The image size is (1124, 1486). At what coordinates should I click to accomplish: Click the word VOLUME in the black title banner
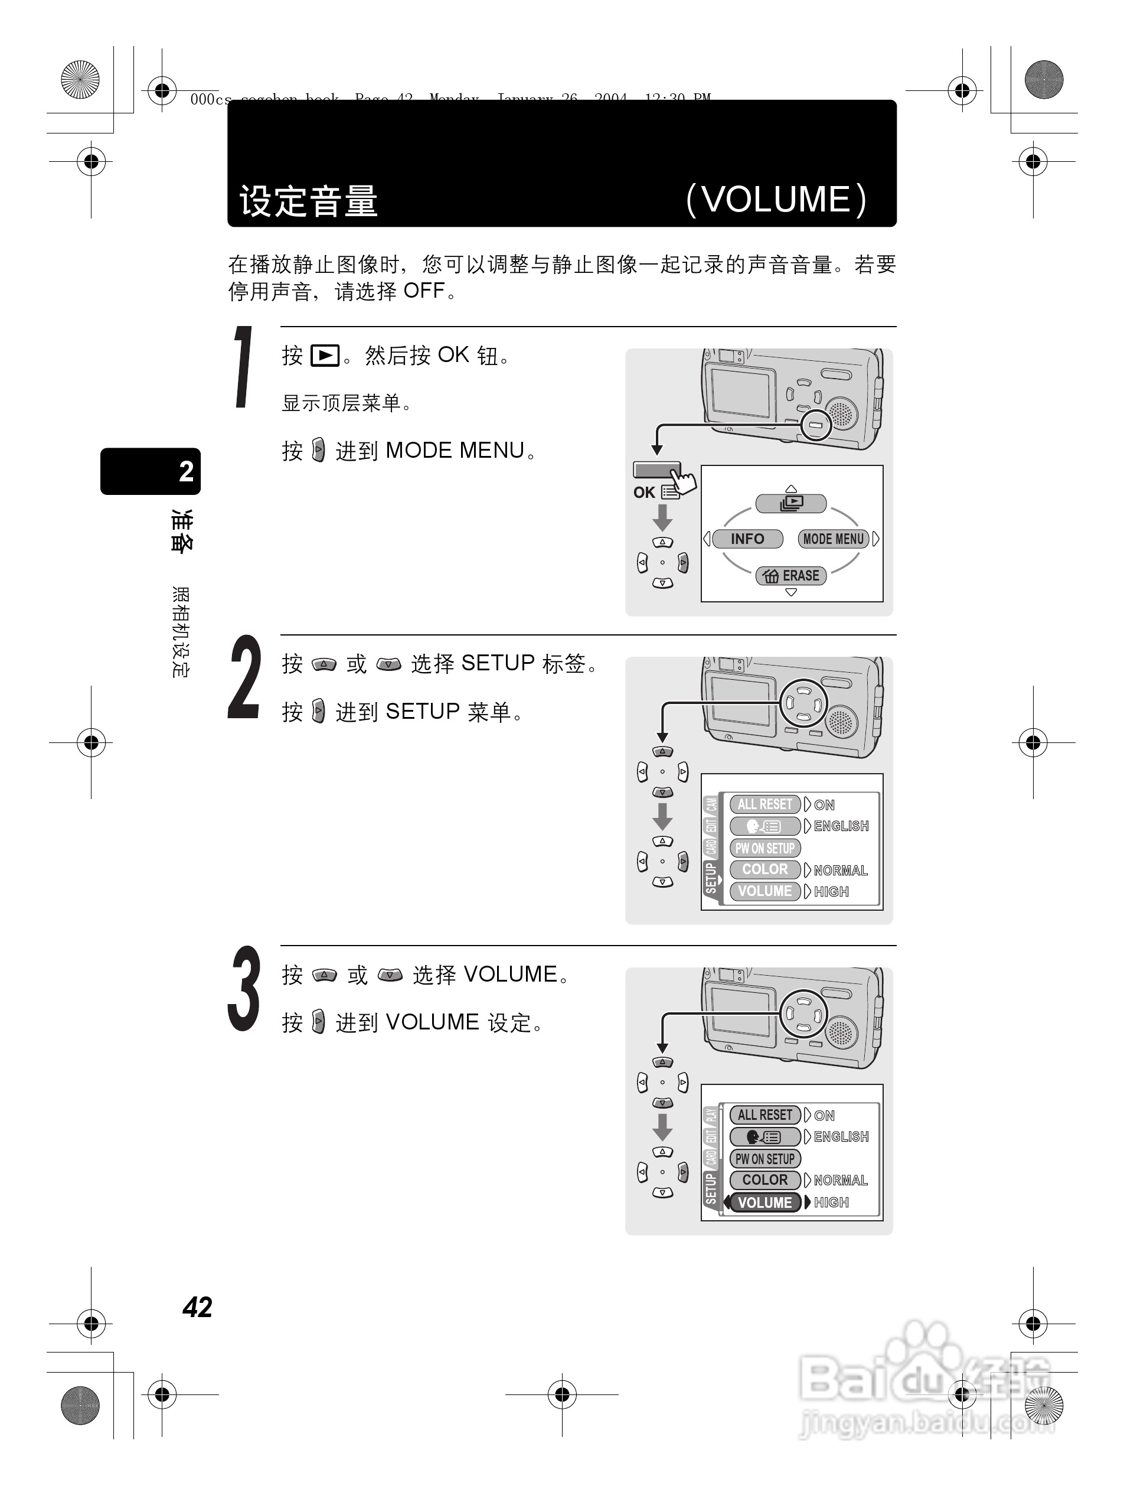coord(777,200)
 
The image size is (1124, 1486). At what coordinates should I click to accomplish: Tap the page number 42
coord(197,1307)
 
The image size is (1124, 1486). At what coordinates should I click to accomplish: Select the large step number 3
coord(244,989)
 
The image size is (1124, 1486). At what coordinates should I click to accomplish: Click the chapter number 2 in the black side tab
coord(186,471)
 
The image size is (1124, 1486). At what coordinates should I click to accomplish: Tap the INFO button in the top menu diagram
coord(747,539)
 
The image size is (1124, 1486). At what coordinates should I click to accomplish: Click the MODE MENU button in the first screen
coord(834,539)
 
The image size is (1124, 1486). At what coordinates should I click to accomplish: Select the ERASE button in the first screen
coord(792,576)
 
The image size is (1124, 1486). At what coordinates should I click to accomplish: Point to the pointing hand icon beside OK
coord(684,481)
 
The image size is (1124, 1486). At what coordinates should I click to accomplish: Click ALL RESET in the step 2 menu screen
coord(764,804)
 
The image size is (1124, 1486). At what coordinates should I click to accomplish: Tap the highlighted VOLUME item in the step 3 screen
coord(764,1203)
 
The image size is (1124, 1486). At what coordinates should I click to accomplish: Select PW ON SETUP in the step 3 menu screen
coord(764,1159)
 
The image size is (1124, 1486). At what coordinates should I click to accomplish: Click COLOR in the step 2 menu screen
coord(764,869)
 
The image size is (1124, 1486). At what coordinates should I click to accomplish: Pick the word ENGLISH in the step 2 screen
coord(841,826)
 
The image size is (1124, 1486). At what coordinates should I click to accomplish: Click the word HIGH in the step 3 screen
coord(831,1203)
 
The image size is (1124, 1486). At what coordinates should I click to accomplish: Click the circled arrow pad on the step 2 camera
coord(803,703)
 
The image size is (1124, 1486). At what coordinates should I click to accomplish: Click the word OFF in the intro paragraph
coord(424,292)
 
